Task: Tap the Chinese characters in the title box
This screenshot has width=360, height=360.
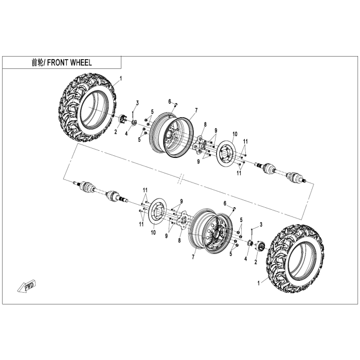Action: tap(39, 63)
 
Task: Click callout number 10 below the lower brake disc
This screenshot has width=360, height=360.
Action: tap(153, 232)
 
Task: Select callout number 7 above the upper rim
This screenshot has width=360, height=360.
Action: tap(196, 110)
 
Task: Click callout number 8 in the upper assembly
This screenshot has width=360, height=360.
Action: tap(205, 124)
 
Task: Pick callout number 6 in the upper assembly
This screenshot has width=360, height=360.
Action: tap(169, 101)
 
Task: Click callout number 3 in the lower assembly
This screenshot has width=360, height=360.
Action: tap(261, 225)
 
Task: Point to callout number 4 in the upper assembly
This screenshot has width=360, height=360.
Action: tap(128, 132)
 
